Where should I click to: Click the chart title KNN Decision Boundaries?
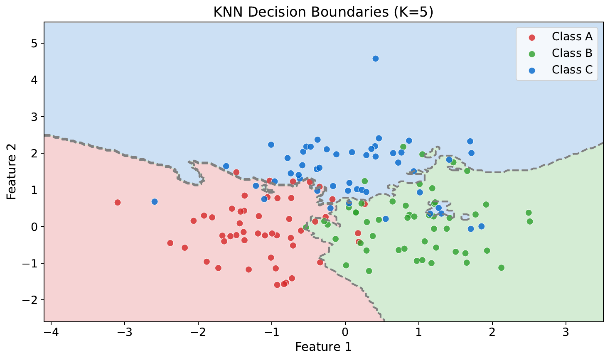[323, 12]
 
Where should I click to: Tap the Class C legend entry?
[572, 70]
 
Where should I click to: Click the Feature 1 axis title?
[323, 347]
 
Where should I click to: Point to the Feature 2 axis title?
[11, 171]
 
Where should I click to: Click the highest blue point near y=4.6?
[376, 59]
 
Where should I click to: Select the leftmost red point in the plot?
[118, 202]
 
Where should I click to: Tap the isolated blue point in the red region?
[155, 201]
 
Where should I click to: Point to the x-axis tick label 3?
[566, 333]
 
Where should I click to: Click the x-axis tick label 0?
[345, 333]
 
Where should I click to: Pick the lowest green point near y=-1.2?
[369, 271]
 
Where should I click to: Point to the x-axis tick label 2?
[492, 333]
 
